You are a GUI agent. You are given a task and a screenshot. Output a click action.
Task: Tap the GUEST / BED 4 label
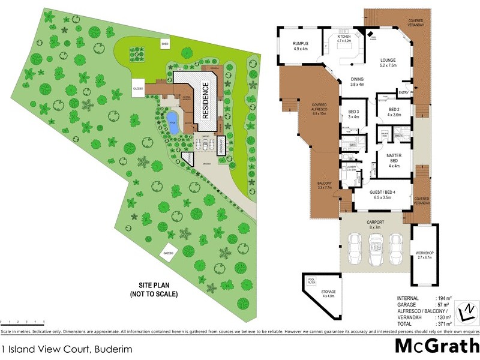382,194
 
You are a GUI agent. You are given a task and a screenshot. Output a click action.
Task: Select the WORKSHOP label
424,255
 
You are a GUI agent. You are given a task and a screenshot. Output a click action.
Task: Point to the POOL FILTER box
311,280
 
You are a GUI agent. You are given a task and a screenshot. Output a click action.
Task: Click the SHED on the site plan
164,44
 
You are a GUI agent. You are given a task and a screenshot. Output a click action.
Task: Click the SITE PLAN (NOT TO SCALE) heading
152,290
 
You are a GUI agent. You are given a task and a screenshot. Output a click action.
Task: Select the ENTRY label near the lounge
403,92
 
